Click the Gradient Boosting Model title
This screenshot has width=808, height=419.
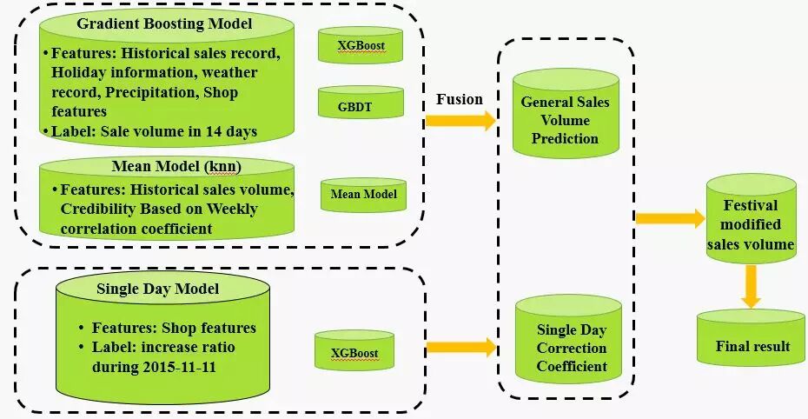click(164, 23)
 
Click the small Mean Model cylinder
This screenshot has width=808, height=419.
click(363, 194)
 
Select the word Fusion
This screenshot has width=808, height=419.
click(459, 99)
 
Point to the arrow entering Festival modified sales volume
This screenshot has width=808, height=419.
click(669, 218)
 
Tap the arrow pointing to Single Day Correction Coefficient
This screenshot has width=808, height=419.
click(460, 347)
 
